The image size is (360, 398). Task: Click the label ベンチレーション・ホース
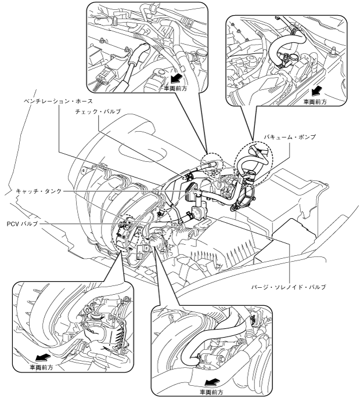click(x=58, y=101)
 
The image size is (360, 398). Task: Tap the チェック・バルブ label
click(x=98, y=111)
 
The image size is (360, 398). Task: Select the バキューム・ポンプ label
click(x=290, y=137)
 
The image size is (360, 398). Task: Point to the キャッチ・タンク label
click(x=39, y=191)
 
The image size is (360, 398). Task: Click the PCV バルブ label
click(x=23, y=223)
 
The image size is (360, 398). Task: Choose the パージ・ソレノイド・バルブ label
click(x=289, y=287)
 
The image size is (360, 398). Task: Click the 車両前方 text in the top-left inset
click(x=175, y=89)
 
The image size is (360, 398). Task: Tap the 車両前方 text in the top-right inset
click(x=315, y=102)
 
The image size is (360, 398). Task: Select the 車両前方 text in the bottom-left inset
click(x=41, y=367)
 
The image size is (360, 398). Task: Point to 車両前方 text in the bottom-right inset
click(x=211, y=392)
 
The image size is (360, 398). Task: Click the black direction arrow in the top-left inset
click(x=177, y=79)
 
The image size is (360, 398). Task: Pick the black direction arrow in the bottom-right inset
click(x=213, y=382)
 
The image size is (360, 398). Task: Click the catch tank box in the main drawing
click(x=192, y=191)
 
